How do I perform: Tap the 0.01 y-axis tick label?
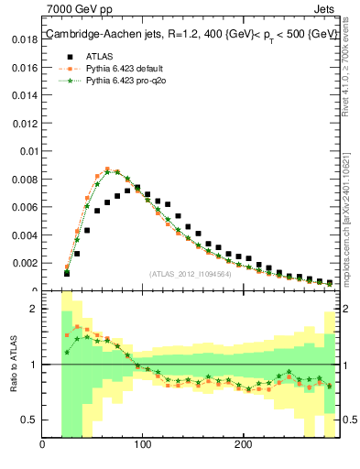[x=27, y=151]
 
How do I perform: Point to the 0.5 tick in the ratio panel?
[x=28, y=420]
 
